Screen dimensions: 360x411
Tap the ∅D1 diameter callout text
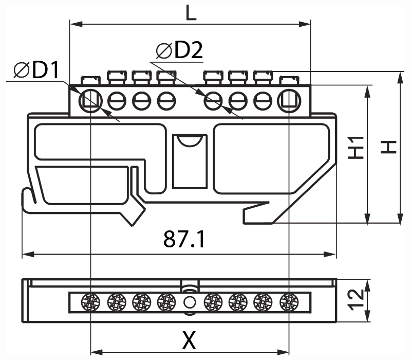point(38,70)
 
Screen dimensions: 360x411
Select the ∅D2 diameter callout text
point(179,50)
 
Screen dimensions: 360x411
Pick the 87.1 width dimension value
point(184,239)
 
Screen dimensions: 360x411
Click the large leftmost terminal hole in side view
point(90,100)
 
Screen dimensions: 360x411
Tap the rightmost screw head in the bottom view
point(289,301)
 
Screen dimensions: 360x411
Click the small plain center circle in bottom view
point(190,301)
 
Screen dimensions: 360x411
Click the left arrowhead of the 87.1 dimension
point(26,254)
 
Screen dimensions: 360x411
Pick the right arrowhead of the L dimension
point(307,23)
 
